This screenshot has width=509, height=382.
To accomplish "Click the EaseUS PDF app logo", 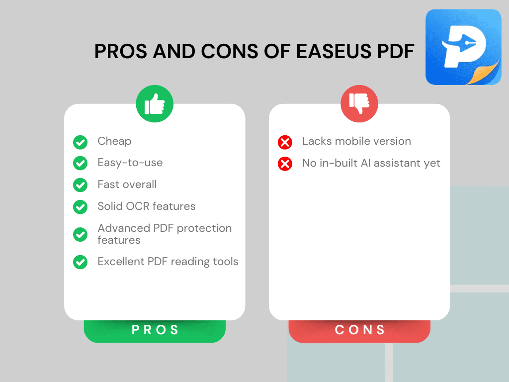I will click(463, 47).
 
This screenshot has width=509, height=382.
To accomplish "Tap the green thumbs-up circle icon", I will click(155, 104).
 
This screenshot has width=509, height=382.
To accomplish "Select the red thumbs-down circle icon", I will click(359, 104).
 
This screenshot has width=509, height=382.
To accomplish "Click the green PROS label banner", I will click(155, 330).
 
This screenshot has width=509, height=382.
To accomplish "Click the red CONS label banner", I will click(359, 330).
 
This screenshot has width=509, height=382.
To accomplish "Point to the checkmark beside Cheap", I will click(80, 142).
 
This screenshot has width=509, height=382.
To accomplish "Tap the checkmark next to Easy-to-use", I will click(80, 163).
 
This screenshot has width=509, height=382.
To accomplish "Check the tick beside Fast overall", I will click(80, 185).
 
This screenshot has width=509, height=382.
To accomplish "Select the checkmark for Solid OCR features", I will click(80, 207).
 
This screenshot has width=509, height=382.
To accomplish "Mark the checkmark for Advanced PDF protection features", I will click(80, 234).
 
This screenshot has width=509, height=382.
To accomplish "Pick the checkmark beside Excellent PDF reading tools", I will click(80, 262).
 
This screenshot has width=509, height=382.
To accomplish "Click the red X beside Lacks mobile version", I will click(285, 142).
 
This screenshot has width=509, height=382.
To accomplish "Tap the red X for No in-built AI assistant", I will click(285, 164).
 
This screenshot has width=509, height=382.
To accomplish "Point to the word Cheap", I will click(114, 141).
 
